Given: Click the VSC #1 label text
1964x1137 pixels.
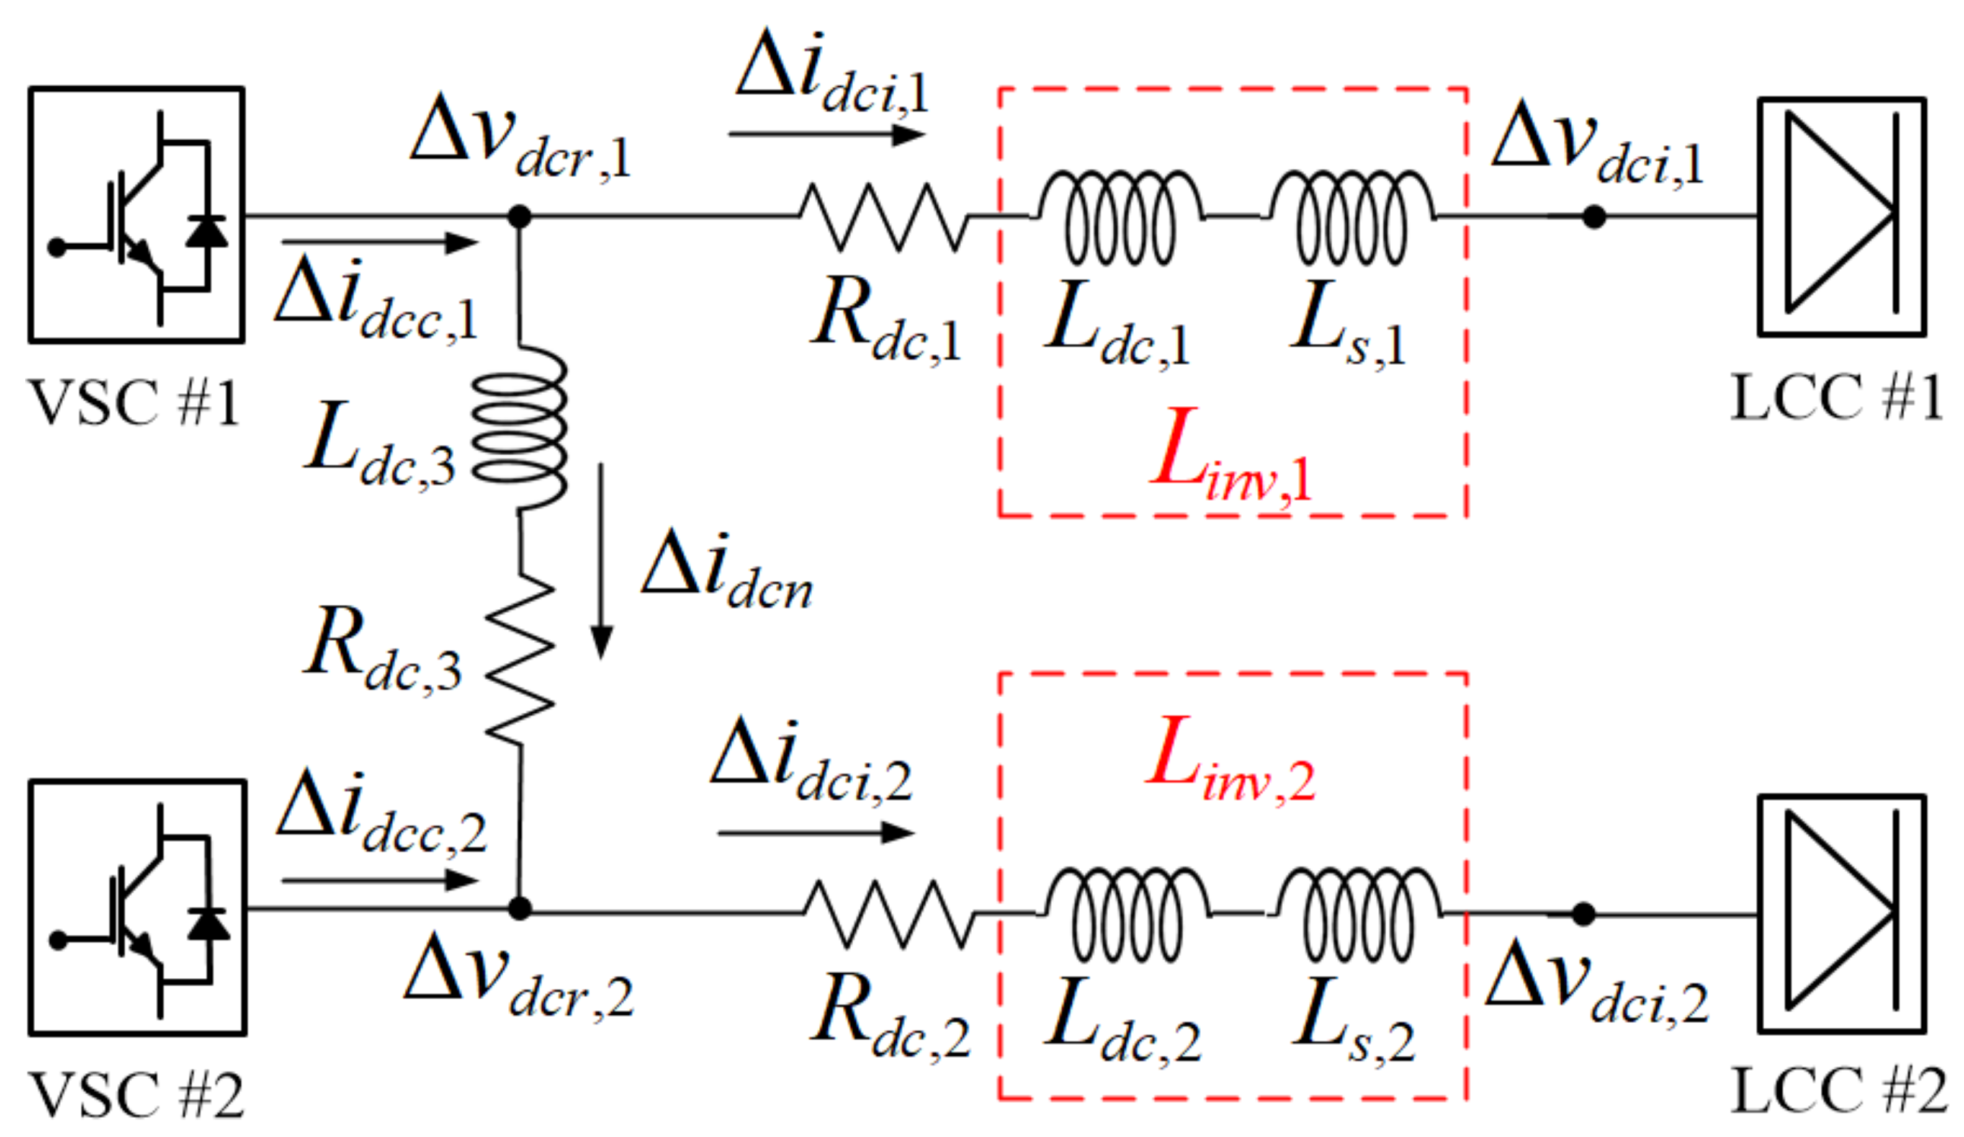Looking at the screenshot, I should pyautogui.click(x=133, y=403).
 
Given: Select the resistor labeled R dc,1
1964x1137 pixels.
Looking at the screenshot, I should pyautogui.click(x=884, y=216).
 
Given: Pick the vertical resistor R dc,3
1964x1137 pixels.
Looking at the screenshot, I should pyautogui.click(x=520, y=659).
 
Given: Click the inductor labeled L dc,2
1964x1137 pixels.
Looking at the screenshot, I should pyautogui.click(x=1126, y=913).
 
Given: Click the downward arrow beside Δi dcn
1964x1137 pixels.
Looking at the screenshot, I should pyautogui.click(x=601, y=561).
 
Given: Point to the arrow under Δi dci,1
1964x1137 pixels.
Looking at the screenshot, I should pyautogui.click(x=826, y=135).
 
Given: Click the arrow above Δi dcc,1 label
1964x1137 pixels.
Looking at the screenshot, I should pyautogui.click(x=380, y=243).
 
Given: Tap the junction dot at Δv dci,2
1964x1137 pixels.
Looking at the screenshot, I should pyautogui.click(x=1583, y=914).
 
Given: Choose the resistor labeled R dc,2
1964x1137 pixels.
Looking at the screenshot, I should pyautogui.click(x=889, y=913).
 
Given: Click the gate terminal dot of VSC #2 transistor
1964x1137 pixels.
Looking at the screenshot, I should pyautogui.click(x=58, y=940).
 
